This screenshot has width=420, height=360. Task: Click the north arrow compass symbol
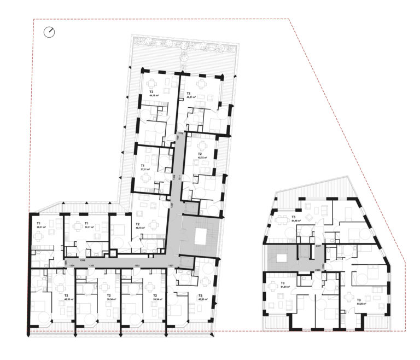(51, 32)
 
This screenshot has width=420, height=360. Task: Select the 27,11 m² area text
(145, 170)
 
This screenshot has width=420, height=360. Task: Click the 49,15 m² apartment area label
(140, 229)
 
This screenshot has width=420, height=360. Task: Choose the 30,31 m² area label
(89, 227)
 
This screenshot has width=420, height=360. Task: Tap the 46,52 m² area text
(68, 300)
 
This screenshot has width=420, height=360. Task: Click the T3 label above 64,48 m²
(294, 217)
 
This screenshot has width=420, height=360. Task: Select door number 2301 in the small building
(319, 246)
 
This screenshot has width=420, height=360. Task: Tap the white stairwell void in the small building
(282, 257)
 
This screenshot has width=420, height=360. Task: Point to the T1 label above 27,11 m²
(143, 165)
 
